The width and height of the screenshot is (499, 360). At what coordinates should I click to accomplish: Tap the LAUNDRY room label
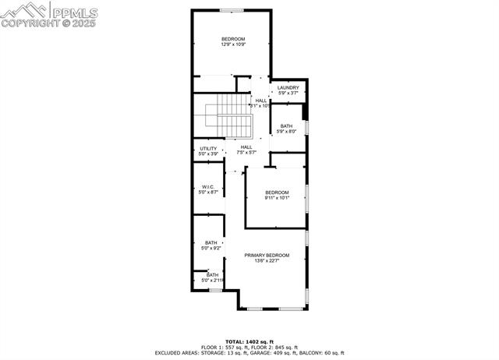click(288, 88)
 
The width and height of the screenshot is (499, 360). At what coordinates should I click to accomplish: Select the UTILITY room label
click(208, 148)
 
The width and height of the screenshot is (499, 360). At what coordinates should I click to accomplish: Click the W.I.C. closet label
click(208, 186)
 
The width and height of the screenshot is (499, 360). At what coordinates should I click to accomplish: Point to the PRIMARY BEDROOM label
click(267, 256)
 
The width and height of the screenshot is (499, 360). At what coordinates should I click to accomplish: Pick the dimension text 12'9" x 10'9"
click(233, 45)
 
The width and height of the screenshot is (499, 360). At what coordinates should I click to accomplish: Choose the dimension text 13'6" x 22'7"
click(267, 261)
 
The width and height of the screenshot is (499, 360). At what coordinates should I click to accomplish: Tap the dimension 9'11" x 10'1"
click(277, 198)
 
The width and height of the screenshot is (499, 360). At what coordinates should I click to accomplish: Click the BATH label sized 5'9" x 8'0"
click(287, 126)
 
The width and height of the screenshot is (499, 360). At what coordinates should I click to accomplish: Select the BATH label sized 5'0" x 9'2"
click(211, 242)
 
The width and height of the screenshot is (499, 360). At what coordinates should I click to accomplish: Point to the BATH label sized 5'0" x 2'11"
click(213, 274)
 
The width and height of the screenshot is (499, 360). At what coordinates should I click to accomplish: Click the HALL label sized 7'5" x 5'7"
click(246, 146)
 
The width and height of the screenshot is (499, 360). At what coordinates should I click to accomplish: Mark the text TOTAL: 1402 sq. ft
click(249, 341)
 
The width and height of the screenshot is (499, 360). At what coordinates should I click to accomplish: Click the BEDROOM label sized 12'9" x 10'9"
click(233, 39)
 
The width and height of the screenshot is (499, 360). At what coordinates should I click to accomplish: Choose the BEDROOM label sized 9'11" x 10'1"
click(277, 192)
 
